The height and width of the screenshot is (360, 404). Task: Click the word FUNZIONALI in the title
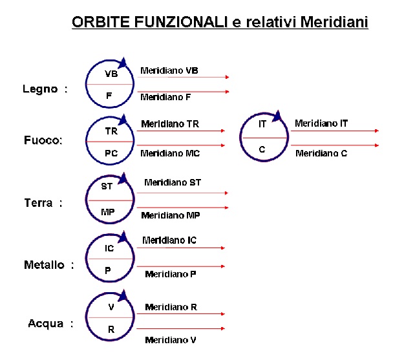pos(181,22)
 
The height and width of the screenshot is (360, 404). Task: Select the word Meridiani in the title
pos(334,22)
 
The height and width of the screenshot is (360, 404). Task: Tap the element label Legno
pos(40,89)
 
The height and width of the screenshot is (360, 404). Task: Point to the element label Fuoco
pos(43,140)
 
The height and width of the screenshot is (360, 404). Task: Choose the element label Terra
pos(38,203)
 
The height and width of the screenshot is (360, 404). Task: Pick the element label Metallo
pos(44,265)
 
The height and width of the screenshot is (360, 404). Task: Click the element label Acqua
pos(46,323)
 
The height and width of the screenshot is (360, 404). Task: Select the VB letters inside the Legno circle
pos(111,74)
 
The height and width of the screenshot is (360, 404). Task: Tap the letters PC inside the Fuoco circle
pos(111,153)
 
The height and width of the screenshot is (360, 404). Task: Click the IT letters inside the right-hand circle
pos(262,124)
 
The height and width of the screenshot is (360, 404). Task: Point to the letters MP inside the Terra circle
pos(108,212)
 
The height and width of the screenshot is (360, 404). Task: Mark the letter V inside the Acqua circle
pos(111,307)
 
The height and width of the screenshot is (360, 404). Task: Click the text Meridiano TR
pos(170,124)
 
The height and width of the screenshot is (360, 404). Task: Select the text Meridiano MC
pos(170,153)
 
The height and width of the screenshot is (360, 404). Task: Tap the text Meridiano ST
pos(173,182)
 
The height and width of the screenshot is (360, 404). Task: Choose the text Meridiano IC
pos(169,240)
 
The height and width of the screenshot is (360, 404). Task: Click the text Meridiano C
pos(321,153)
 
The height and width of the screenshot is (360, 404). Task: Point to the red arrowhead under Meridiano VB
pos(227,77)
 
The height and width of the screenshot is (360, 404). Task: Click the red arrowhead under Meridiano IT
pos(377,131)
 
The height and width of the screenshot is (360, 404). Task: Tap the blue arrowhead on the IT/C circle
pos(277,116)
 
